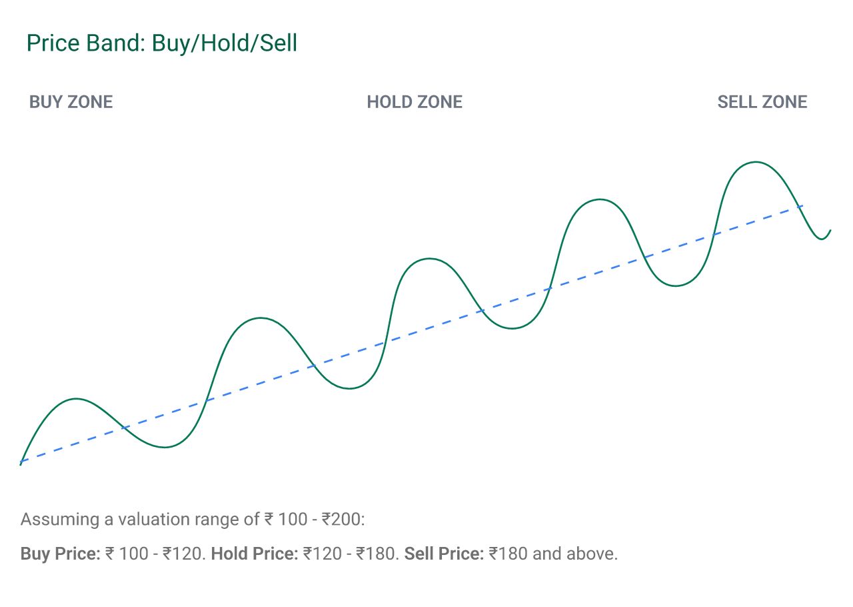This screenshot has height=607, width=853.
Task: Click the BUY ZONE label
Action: pyautogui.click(x=71, y=102)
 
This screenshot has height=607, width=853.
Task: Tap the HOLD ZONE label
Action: pyautogui.click(x=415, y=102)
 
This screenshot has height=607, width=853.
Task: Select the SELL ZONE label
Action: pyautogui.click(x=762, y=102)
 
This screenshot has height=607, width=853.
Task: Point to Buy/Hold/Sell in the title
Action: pyautogui.click(x=225, y=43)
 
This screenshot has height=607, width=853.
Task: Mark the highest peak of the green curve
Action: pyautogui.click(x=756, y=162)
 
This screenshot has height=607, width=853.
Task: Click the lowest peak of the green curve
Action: pyautogui.click(x=77, y=399)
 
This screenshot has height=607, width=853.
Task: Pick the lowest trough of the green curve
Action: pyautogui.click(x=165, y=447)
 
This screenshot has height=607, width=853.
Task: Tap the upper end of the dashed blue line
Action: pyautogui.click(x=803, y=206)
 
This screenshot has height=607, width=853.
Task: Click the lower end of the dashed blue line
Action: pyautogui.click(x=21, y=462)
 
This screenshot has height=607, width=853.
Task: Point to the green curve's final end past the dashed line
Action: pyautogui.click(x=830, y=230)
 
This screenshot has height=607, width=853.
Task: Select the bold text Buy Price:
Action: pyautogui.click(x=60, y=554)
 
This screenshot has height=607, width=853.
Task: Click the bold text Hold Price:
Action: pyautogui.click(x=255, y=554)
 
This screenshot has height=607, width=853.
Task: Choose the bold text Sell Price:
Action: pyautogui.click(x=444, y=554)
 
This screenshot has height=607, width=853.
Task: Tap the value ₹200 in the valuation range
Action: pyautogui.click(x=341, y=520)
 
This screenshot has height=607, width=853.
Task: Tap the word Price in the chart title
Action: pyautogui.click(x=51, y=43)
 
